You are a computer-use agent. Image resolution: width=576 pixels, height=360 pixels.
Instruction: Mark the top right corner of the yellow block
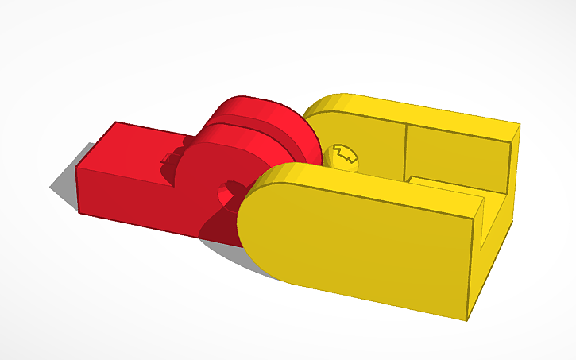click(520, 125)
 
